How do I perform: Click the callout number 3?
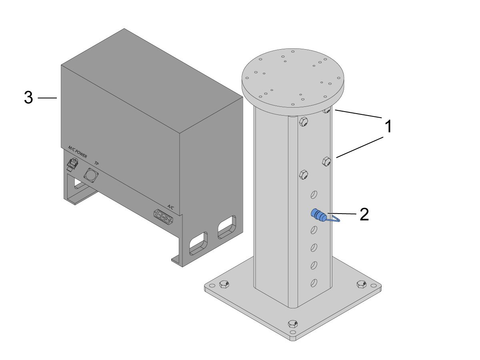[28, 98]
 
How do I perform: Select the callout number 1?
[388, 126]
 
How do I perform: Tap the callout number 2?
[364, 214]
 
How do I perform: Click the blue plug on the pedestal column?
[319, 215]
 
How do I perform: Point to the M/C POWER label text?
[78, 152]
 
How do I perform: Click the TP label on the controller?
[96, 163]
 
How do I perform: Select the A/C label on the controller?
[170, 206]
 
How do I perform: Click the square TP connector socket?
[91, 175]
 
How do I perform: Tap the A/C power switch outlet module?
[164, 217]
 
